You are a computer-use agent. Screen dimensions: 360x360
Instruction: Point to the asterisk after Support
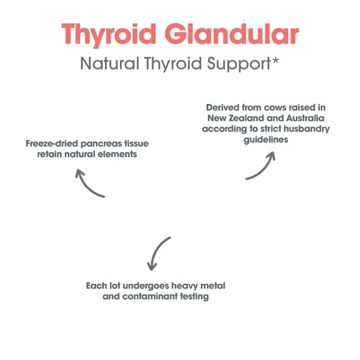275,61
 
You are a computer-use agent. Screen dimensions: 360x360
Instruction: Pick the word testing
194,297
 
